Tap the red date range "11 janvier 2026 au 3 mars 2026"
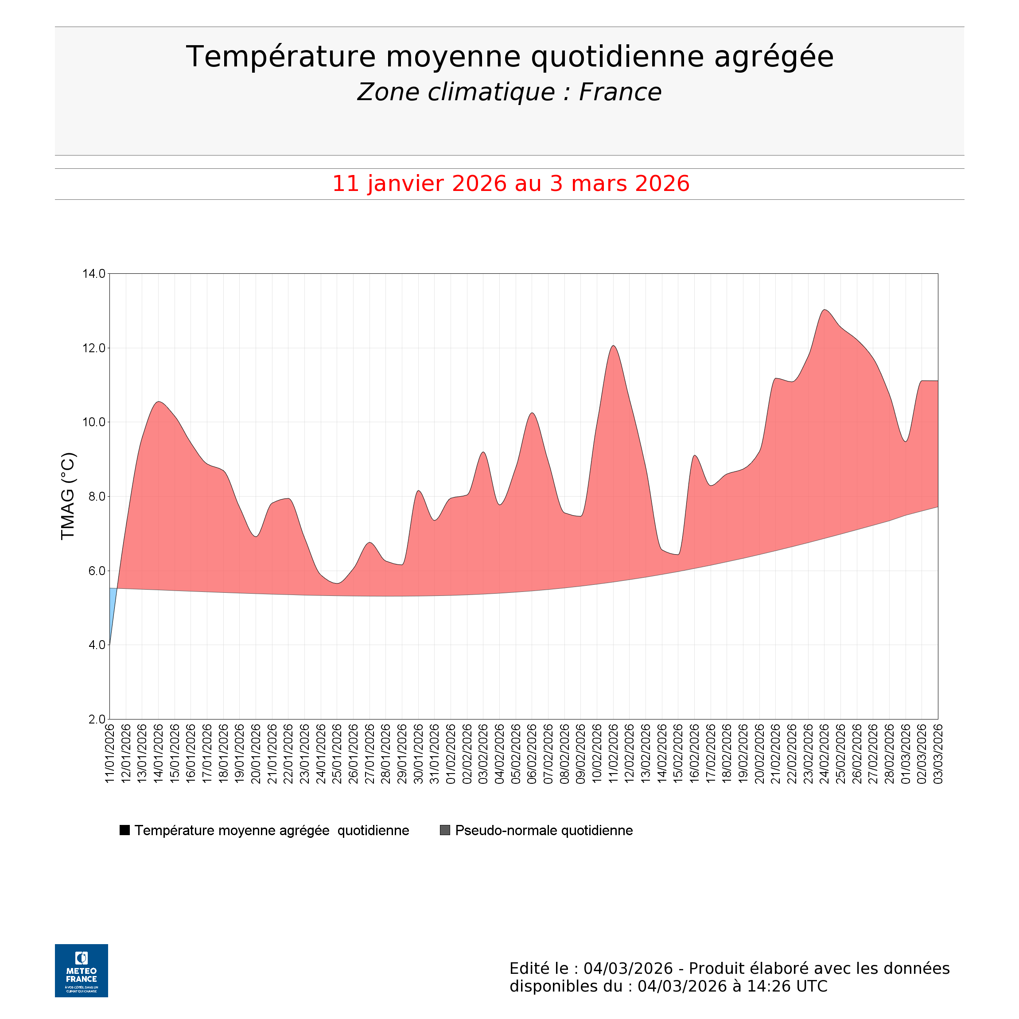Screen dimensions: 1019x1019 coord(510,183)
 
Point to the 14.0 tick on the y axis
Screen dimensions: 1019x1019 coord(94,274)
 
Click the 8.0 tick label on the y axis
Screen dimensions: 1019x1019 coord(94,497)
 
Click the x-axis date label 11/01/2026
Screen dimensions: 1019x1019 coord(110,753)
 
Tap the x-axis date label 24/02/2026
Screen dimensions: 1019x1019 coord(825,753)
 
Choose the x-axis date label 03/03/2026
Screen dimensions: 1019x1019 coord(938,753)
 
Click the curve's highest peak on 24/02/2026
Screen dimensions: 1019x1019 coord(825,310)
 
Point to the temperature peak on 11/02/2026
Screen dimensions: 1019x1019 coord(614,346)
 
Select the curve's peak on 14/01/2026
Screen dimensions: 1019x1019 coord(159,402)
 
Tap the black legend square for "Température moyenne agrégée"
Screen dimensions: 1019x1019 coord(124,830)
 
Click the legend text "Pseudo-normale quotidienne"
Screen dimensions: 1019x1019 coord(544,830)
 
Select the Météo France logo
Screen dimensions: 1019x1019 coord(81,970)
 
